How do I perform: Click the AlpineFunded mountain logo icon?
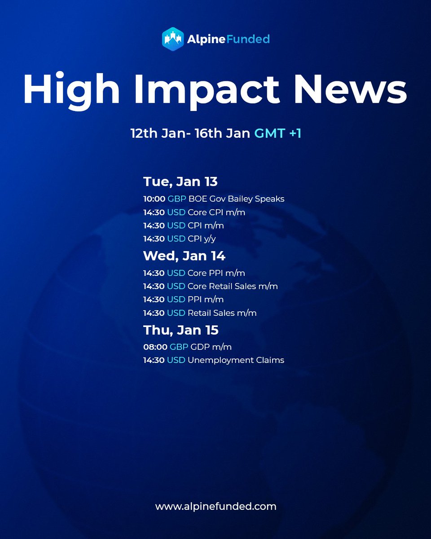click(174, 39)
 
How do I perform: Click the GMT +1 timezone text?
click(278, 133)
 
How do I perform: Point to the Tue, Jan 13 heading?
click(180, 182)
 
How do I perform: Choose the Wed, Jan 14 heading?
click(184, 256)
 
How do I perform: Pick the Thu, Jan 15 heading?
click(180, 330)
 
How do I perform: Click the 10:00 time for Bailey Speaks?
click(154, 199)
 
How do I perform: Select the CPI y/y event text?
click(202, 239)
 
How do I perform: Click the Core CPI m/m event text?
click(216, 212)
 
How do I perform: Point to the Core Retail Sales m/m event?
click(233, 286)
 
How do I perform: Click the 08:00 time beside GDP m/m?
click(154, 347)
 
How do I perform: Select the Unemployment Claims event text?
click(236, 360)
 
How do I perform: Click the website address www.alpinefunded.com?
click(215, 507)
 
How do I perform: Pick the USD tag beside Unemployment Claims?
click(176, 360)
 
